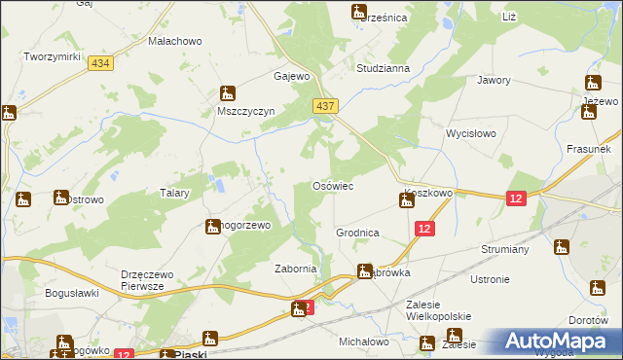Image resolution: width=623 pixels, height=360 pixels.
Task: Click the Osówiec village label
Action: tap(332, 185)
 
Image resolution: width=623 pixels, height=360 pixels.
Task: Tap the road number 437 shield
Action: tap(325, 104)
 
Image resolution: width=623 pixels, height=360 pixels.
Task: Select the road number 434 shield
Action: tap(98, 62)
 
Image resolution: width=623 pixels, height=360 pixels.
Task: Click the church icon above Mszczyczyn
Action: tap(228, 93)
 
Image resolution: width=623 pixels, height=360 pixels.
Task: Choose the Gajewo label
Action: tap(291, 75)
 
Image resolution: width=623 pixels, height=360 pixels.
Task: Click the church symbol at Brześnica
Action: tap(359, 13)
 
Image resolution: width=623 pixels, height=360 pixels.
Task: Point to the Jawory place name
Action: tap(494, 81)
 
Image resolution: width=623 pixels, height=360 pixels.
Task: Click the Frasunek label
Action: tap(588, 150)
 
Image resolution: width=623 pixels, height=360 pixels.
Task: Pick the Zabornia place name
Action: tap(296, 270)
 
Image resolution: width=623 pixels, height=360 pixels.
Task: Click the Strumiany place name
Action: tap(504, 249)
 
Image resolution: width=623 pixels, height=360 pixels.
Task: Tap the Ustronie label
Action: tap(490, 279)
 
